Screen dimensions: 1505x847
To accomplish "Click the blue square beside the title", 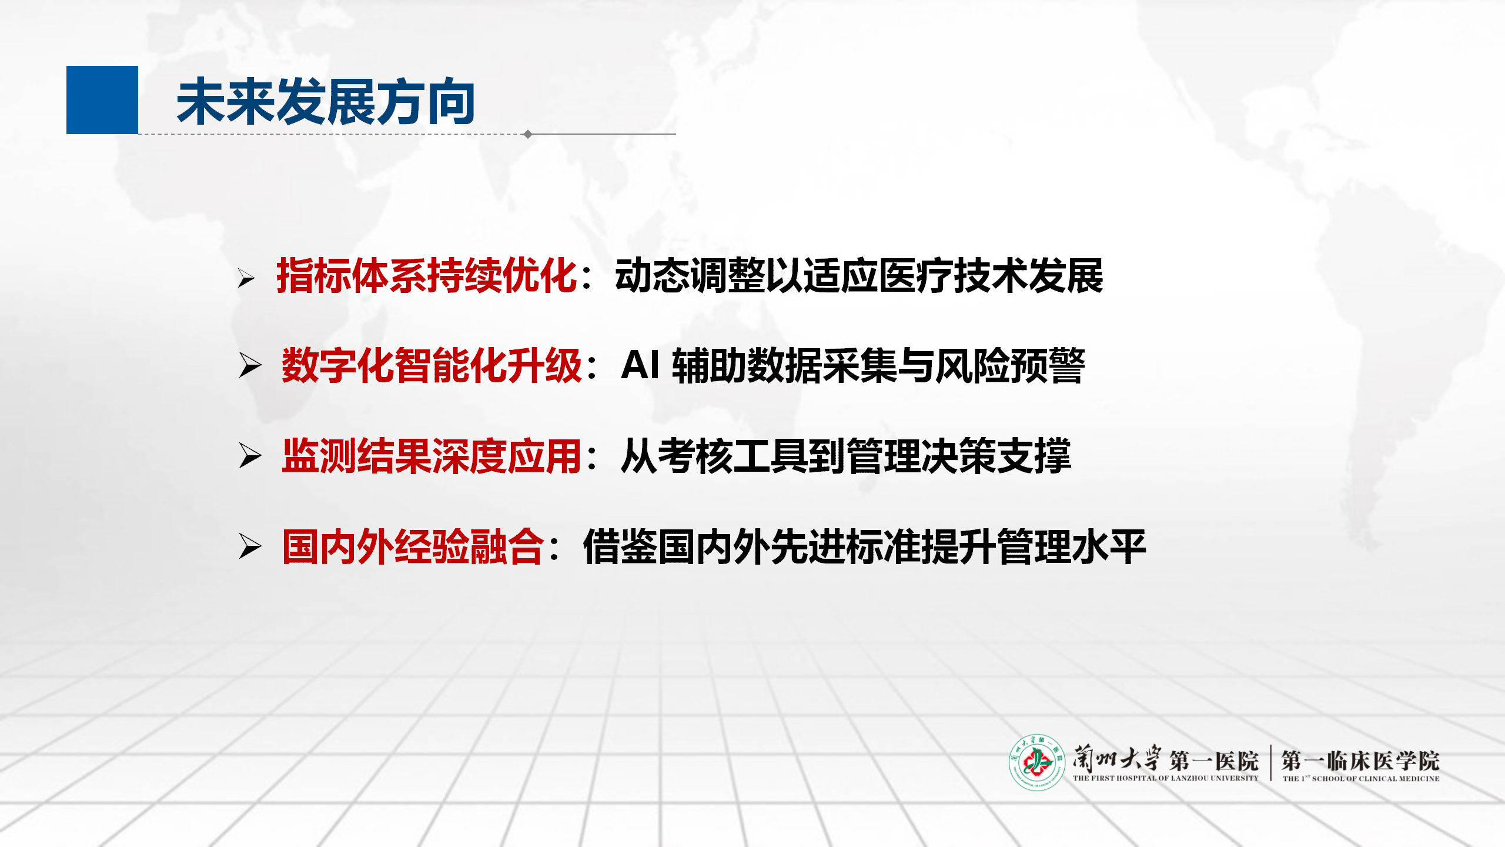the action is pos(102,100).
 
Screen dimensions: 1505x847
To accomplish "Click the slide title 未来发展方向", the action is pos(326,102).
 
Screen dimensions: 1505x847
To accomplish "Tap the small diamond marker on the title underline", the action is pos(528,134).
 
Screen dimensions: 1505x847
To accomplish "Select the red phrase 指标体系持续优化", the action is pos(427,275).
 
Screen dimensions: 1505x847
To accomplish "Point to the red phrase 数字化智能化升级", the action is pos(432,365).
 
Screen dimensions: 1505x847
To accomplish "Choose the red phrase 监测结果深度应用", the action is pos(432,456).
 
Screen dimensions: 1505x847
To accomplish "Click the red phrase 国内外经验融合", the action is pos(413,546).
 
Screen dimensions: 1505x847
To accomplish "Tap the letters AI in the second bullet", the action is pos(640,365).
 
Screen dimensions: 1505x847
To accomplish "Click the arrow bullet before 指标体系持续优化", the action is pos(246,278).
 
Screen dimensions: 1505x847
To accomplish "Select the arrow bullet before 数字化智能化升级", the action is pos(250,365).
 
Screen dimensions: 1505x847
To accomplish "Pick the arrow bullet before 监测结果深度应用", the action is pos(250,456).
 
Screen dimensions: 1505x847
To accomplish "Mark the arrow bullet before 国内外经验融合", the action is pos(250,546).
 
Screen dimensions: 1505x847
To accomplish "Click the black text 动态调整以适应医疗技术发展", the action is pos(859,275).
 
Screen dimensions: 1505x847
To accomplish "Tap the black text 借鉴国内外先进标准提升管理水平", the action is pos(865,546).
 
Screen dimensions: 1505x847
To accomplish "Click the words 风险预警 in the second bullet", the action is pos(1011,365).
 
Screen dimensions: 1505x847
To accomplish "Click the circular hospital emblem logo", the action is pos(1037,762).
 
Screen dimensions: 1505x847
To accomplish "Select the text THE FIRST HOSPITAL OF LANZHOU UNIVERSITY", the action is pos(1166,778).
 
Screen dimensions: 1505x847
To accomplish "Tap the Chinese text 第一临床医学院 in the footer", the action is pos(1360,761).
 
